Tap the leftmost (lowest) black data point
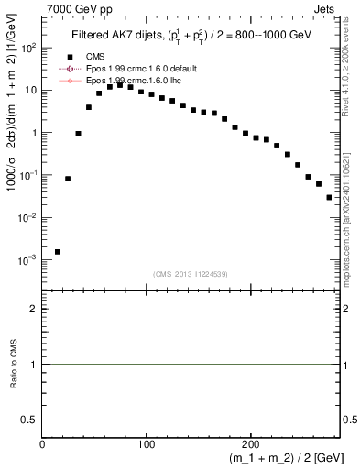pos(58,251)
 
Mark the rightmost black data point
pos(329,197)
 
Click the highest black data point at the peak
pos(120,85)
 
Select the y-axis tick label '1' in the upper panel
pos(34,133)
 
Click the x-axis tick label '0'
pos(42,445)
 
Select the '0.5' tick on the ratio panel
pos(29,419)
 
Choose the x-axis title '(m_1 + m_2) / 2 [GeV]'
pos(274,460)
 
